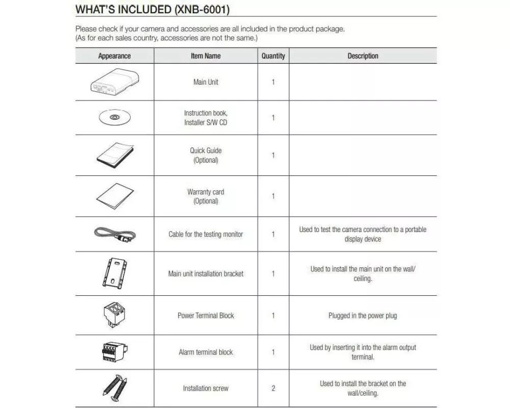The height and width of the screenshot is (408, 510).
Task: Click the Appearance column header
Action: [114, 56]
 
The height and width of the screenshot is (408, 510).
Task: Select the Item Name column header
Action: [206, 56]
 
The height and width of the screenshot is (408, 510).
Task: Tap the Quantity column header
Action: [273, 56]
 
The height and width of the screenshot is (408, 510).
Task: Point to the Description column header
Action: [363, 56]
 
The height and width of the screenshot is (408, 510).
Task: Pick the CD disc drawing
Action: [114, 118]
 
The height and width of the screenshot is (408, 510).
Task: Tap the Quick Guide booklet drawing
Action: [115, 155]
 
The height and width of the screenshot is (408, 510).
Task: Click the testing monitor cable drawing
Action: [114, 234]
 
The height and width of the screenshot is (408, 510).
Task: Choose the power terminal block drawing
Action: [114, 315]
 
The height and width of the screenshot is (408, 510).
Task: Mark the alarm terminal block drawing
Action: [114, 352]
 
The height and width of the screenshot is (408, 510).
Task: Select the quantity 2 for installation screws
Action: [273, 388]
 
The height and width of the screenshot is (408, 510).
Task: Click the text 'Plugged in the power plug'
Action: [363, 316]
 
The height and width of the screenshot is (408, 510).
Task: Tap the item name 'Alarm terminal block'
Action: [206, 352]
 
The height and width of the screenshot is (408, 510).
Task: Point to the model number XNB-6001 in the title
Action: [201, 9]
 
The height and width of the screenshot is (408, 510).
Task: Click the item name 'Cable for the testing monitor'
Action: [206, 235]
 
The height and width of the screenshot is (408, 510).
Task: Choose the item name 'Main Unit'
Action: [206, 82]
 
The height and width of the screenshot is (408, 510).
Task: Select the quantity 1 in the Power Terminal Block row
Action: [273, 316]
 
